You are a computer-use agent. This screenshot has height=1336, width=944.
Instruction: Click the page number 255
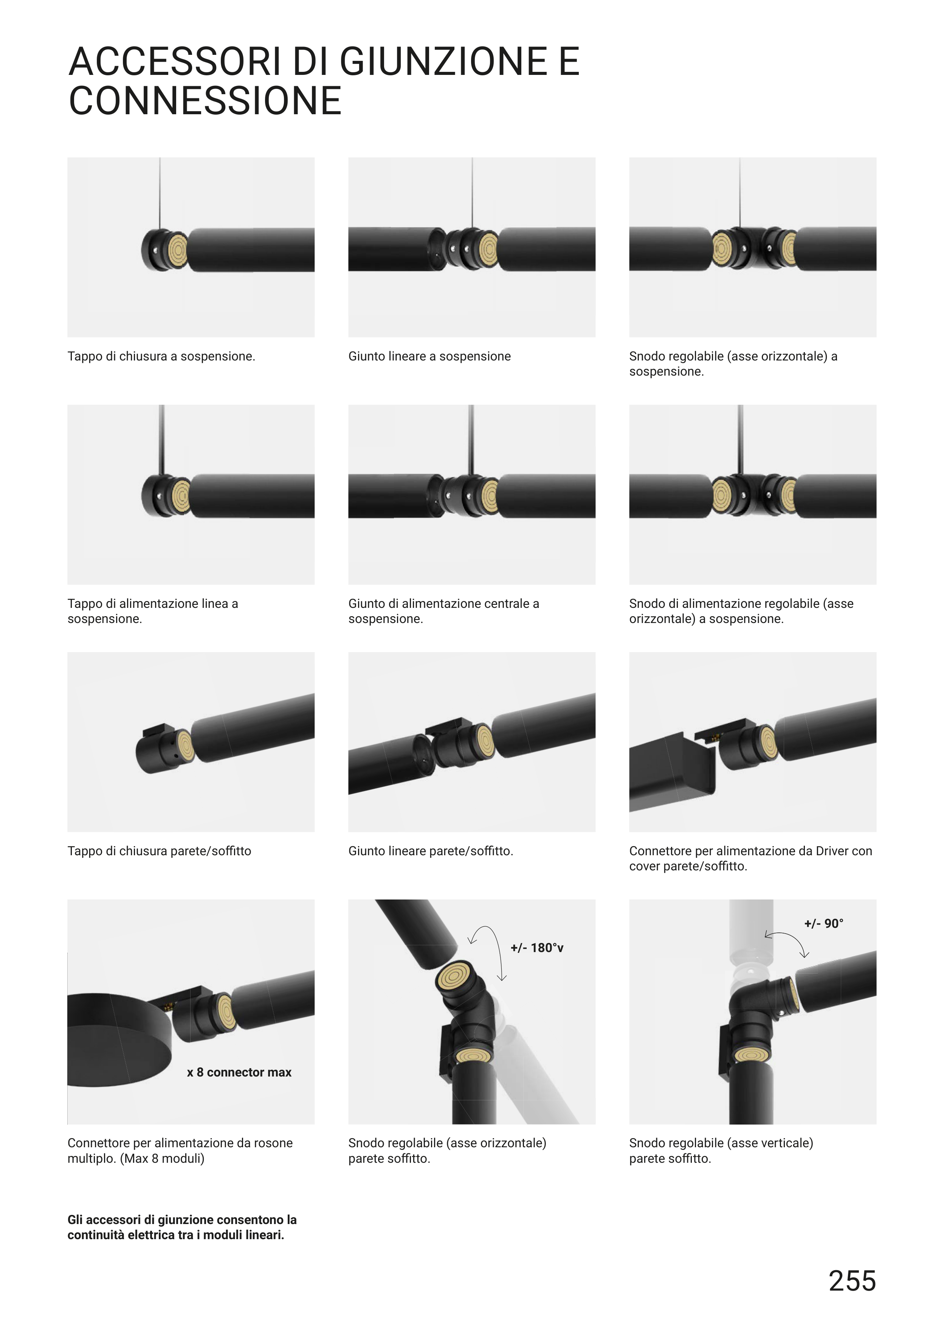pyautogui.click(x=852, y=1281)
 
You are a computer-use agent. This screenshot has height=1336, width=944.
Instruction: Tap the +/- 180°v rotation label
pyautogui.click(x=537, y=948)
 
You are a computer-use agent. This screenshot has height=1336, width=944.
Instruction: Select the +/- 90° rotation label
pyautogui.click(x=824, y=923)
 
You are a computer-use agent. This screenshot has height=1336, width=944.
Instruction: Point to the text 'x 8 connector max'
pyautogui.click(x=239, y=1072)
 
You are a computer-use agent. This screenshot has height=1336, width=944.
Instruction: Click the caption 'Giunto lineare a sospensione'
pyautogui.click(x=429, y=356)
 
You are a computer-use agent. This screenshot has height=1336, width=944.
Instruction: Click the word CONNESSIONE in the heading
pyautogui.click(x=205, y=101)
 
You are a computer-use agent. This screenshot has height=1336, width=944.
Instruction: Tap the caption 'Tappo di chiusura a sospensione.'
pyautogui.click(x=161, y=356)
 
